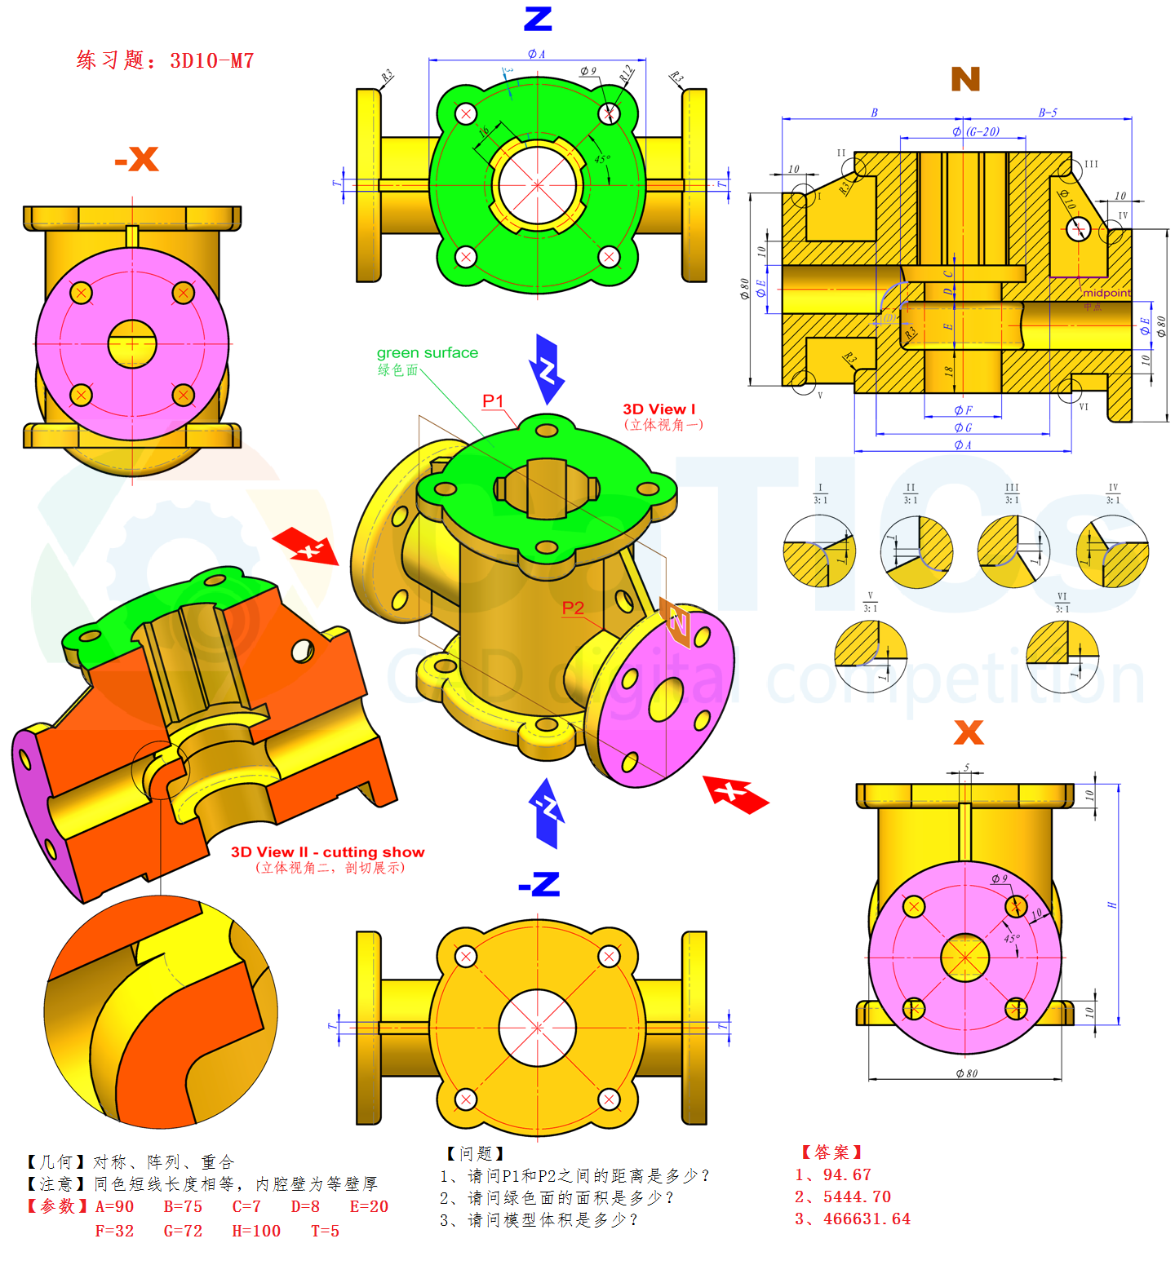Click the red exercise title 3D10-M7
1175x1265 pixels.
pos(166,60)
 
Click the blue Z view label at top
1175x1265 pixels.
pos(538,19)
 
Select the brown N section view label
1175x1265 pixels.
pos(964,79)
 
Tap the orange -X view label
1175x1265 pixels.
pos(136,159)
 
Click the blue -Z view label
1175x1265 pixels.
pos(539,884)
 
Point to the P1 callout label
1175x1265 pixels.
pos(493,400)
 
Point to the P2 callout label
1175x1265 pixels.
pos(573,608)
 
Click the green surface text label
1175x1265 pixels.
pos(427,352)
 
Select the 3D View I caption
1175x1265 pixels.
pos(659,409)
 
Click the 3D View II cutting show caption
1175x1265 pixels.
pos(327,852)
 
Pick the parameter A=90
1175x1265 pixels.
pos(114,1206)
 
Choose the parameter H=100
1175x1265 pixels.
pos(256,1231)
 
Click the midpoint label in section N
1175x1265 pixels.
pos(1106,293)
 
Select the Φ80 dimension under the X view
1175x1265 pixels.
pos(966,1073)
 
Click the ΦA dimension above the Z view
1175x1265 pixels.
pos(536,54)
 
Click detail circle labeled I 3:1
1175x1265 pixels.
pos(819,551)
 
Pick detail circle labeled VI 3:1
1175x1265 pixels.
pos(1062,657)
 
